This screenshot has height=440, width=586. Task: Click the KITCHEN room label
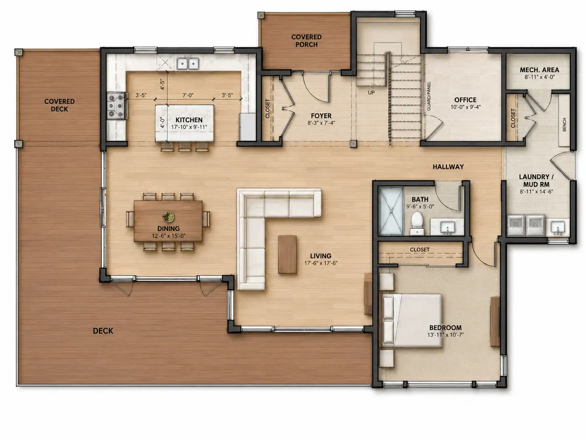tap(189, 120)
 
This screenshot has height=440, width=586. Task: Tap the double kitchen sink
tap(188, 64)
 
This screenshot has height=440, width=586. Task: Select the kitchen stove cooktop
tap(117, 105)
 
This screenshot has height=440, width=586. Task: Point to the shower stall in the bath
tap(391, 211)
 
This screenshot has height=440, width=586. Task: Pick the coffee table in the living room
tap(287, 254)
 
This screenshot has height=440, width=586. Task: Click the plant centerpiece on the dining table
tap(168, 216)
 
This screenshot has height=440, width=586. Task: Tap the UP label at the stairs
tap(371, 92)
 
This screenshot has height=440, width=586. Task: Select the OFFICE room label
tap(465, 100)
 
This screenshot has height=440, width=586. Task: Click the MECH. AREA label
tap(539, 70)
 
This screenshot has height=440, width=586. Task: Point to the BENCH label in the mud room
tap(565, 124)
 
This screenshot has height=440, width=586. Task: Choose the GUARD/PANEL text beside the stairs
tap(429, 96)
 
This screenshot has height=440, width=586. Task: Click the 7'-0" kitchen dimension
tap(188, 95)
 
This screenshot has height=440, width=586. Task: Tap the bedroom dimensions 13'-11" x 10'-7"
tap(445, 335)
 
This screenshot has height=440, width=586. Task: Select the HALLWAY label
tap(448, 167)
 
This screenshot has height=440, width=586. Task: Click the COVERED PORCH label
tap(306, 41)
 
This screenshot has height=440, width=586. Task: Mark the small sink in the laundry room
tap(558, 227)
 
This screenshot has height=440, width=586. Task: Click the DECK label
tap(103, 331)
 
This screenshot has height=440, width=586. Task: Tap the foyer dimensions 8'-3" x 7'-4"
tap(321, 123)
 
